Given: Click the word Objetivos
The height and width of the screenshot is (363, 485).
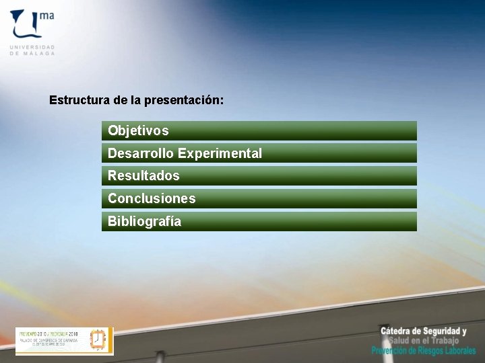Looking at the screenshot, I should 138,130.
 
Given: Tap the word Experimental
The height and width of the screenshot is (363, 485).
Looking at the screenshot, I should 220,153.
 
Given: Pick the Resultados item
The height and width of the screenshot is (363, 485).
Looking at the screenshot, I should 143,175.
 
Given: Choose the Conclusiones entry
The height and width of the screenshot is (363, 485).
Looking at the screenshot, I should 152,198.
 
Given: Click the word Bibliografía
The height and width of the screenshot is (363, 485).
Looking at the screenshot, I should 144,221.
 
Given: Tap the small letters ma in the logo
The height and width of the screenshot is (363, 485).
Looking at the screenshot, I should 46,14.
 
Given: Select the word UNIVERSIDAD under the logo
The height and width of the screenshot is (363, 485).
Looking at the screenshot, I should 32,47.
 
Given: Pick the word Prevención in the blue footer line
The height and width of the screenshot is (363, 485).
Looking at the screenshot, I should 393,351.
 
